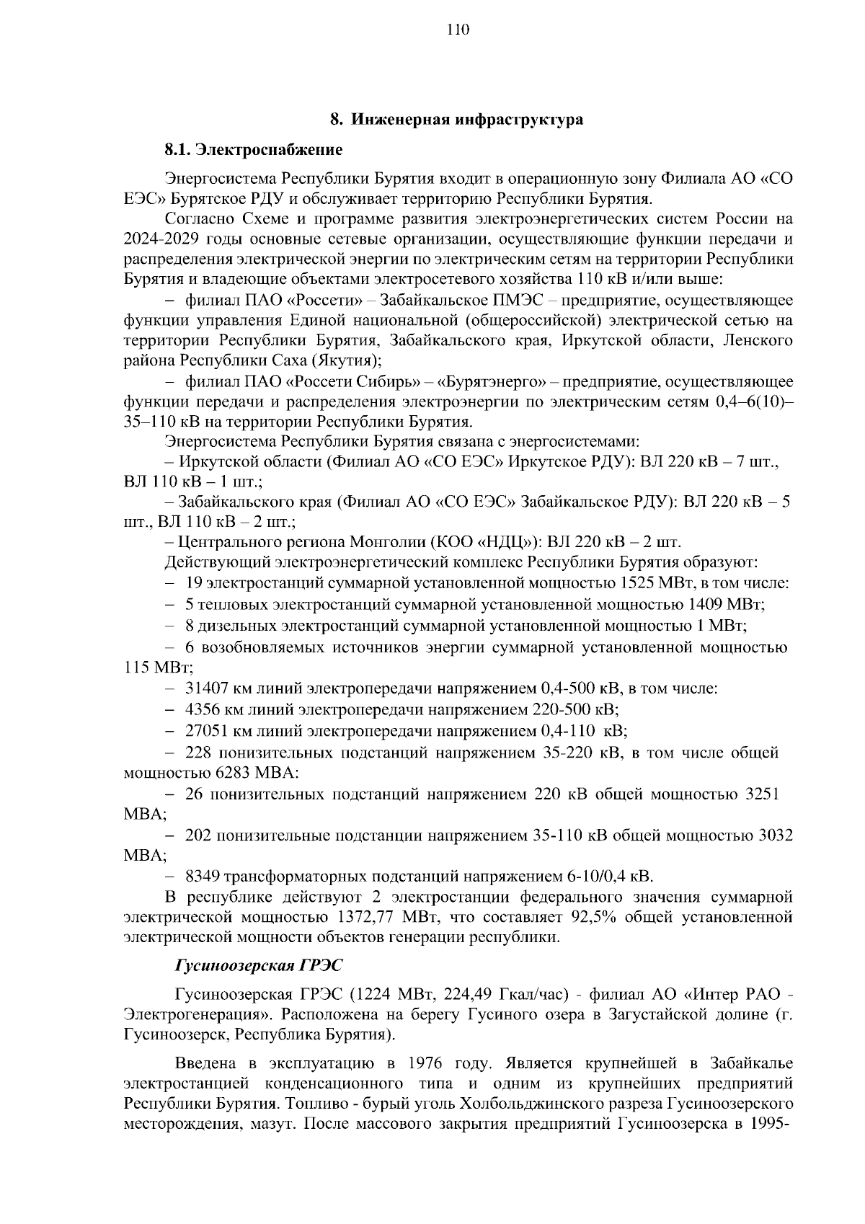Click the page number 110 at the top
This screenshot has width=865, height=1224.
(x=458, y=30)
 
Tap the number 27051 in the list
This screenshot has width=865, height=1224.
(x=207, y=731)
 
